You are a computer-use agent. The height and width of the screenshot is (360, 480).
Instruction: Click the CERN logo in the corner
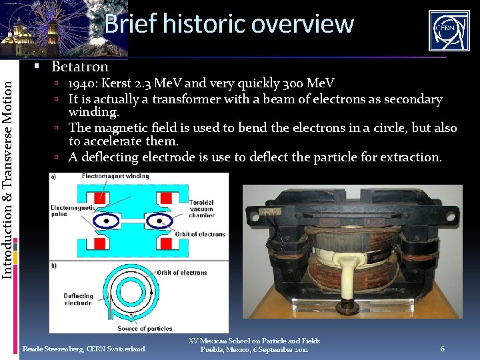pos(449,30)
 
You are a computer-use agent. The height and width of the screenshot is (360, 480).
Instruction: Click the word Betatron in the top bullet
pos(80,67)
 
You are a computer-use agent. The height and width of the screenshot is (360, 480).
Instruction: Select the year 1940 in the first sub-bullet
pos(82,83)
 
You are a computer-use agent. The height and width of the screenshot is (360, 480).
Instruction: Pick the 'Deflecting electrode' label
pos(78,299)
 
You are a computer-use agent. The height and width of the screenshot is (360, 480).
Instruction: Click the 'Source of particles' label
pos(145,328)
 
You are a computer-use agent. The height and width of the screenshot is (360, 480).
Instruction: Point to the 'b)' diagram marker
pos(53,265)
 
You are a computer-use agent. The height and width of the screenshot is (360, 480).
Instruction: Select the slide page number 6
pos(442,349)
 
